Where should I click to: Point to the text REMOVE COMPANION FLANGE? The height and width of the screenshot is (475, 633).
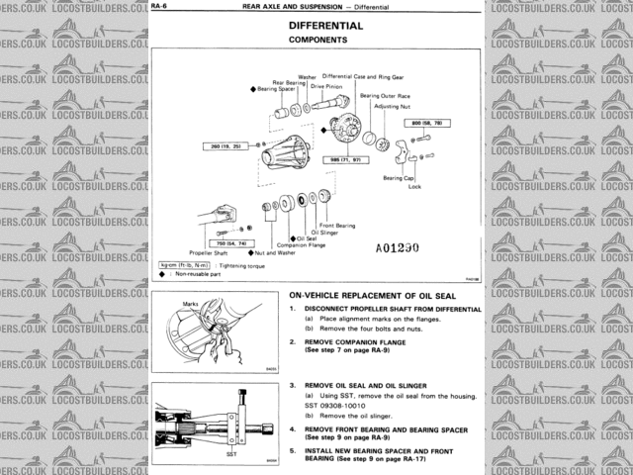351,341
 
